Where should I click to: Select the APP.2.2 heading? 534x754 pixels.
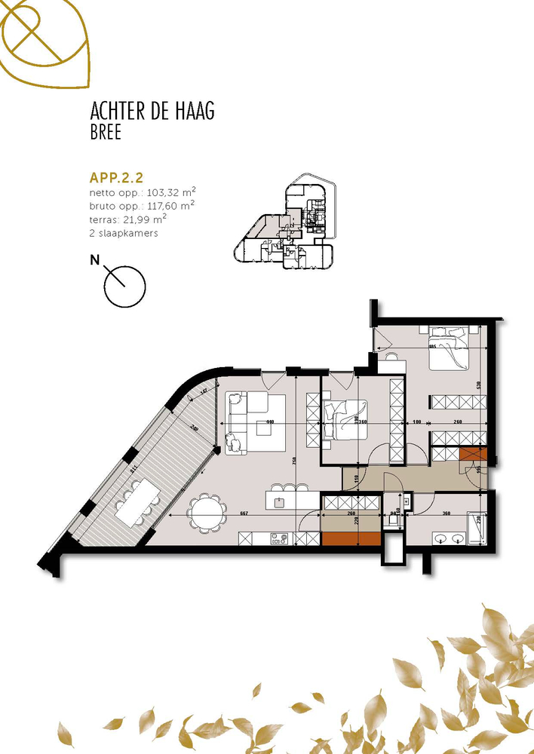pyautogui.click(x=116, y=179)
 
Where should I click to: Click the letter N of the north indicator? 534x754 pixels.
pyautogui.click(x=95, y=261)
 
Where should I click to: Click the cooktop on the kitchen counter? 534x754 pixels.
pyautogui.click(x=279, y=538)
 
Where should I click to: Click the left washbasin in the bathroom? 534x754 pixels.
pyautogui.click(x=441, y=538)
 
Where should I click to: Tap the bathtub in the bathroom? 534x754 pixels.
pyautogui.click(x=476, y=528)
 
